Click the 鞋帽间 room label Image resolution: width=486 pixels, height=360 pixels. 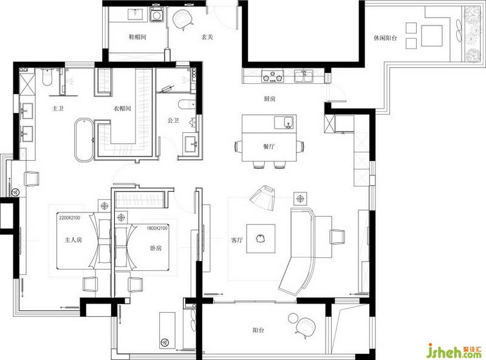137,37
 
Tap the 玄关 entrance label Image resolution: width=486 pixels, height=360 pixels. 207,37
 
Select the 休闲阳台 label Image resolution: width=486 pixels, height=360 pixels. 385,38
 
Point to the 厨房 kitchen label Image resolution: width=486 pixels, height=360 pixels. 270,99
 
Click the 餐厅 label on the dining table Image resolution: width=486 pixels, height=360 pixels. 269,146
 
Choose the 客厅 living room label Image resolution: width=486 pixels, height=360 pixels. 237,240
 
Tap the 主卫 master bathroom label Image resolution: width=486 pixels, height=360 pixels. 58,109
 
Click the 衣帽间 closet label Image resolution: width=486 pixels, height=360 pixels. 122,109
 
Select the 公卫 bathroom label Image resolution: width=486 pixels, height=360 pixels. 173,120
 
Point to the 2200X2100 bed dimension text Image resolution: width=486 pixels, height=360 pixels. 69,217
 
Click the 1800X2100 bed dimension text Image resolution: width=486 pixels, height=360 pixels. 157,228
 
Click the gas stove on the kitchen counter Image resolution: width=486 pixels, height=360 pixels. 273,76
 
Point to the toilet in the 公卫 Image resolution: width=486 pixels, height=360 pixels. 187,104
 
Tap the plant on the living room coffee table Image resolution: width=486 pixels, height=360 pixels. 260,239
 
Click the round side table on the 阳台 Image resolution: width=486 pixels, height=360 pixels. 293,318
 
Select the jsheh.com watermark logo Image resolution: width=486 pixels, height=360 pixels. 454,351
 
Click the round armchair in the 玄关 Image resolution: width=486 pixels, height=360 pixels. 183,19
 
